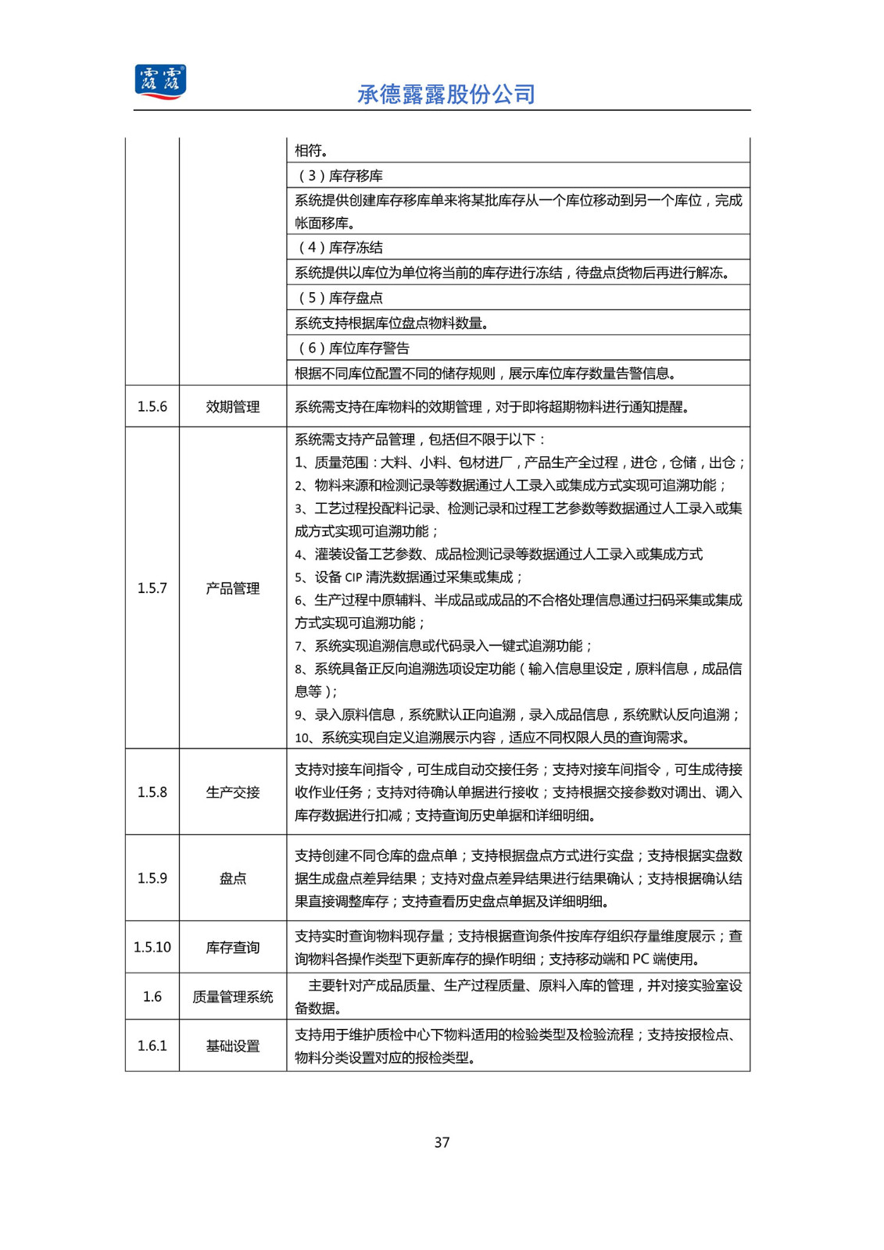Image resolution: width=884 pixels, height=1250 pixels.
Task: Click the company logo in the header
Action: pyautogui.click(x=160, y=82)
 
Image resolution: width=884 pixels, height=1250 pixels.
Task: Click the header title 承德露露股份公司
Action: pyautogui.click(x=446, y=95)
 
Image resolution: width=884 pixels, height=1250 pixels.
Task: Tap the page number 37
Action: pyautogui.click(x=442, y=1142)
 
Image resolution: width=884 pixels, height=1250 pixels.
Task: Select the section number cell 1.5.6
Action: pyautogui.click(x=152, y=406)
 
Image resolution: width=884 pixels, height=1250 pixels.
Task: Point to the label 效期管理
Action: pyautogui.click(x=233, y=406)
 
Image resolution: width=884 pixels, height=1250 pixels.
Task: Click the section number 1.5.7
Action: pyautogui.click(x=152, y=588)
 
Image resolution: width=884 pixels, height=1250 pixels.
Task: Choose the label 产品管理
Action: pyautogui.click(x=233, y=588)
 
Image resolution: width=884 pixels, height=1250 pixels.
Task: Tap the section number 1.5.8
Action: pyautogui.click(x=152, y=792)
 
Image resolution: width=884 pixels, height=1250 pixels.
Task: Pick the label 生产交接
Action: pyautogui.click(x=233, y=792)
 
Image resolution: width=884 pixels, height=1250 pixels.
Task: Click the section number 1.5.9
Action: pyautogui.click(x=152, y=878)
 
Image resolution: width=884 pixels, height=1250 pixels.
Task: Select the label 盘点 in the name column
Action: pyautogui.click(x=233, y=878)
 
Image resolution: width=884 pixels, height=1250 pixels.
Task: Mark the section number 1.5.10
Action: pyautogui.click(x=152, y=947)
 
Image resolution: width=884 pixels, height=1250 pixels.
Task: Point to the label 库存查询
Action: pyautogui.click(x=233, y=947)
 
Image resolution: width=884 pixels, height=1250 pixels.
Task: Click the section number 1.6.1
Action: pyautogui.click(x=152, y=1045)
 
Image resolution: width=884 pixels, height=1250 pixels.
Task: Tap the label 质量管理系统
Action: pyautogui.click(x=233, y=997)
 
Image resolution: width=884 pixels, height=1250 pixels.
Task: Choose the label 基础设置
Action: pyautogui.click(x=233, y=1045)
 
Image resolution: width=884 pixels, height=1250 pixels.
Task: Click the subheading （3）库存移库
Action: pyautogui.click(x=340, y=176)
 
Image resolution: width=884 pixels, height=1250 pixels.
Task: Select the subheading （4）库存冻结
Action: pyautogui.click(x=340, y=248)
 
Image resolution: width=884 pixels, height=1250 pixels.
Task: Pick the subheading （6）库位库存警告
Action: pyautogui.click(x=353, y=348)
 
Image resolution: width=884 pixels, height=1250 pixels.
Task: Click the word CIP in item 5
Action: pyautogui.click(x=353, y=577)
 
